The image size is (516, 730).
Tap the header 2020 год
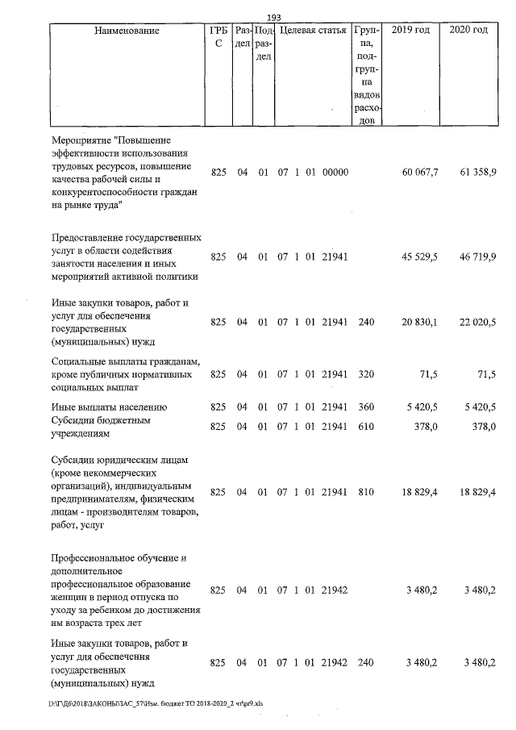tap(468, 31)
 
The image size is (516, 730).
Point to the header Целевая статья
tap(311, 31)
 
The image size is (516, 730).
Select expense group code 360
tap(366, 407)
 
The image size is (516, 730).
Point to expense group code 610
tap(366, 427)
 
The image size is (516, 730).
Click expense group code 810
tap(366, 491)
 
